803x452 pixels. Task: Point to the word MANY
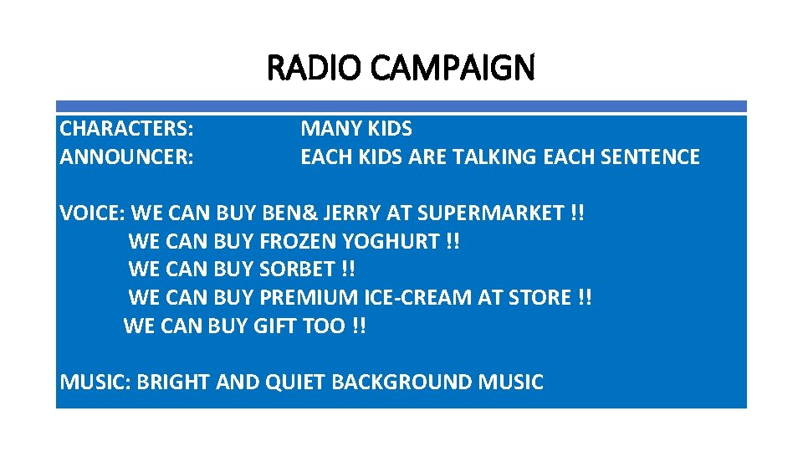327,129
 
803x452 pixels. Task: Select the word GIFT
274,326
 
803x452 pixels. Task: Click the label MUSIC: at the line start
95,383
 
